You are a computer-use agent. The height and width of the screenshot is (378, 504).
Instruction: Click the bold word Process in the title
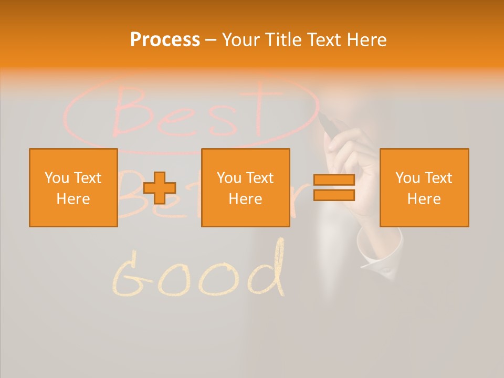(x=165, y=40)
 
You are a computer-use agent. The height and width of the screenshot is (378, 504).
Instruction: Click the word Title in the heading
(x=282, y=40)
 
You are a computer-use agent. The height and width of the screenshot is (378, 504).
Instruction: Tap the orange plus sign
(x=160, y=188)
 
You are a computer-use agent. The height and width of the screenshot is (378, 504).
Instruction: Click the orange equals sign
(x=334, y=187)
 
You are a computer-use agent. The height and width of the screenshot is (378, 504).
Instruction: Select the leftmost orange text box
(x=73, y=187)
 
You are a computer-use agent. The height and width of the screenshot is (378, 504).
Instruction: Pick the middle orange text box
(x=245, y=187)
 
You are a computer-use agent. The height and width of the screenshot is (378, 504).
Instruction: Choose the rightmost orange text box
(x=424, y=187)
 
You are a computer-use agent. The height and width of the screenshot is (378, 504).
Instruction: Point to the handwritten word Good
(x=199, y=273)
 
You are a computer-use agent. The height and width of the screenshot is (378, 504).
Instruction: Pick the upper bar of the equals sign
(x=334, y=180)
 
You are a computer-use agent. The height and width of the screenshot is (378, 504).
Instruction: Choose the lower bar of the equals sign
(x=334, y=195)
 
